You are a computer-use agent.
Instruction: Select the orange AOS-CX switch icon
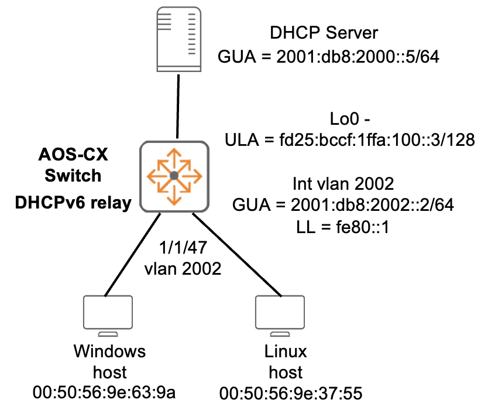(x=174, y=176)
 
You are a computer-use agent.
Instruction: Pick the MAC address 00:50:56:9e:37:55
(x=290, y=394)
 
